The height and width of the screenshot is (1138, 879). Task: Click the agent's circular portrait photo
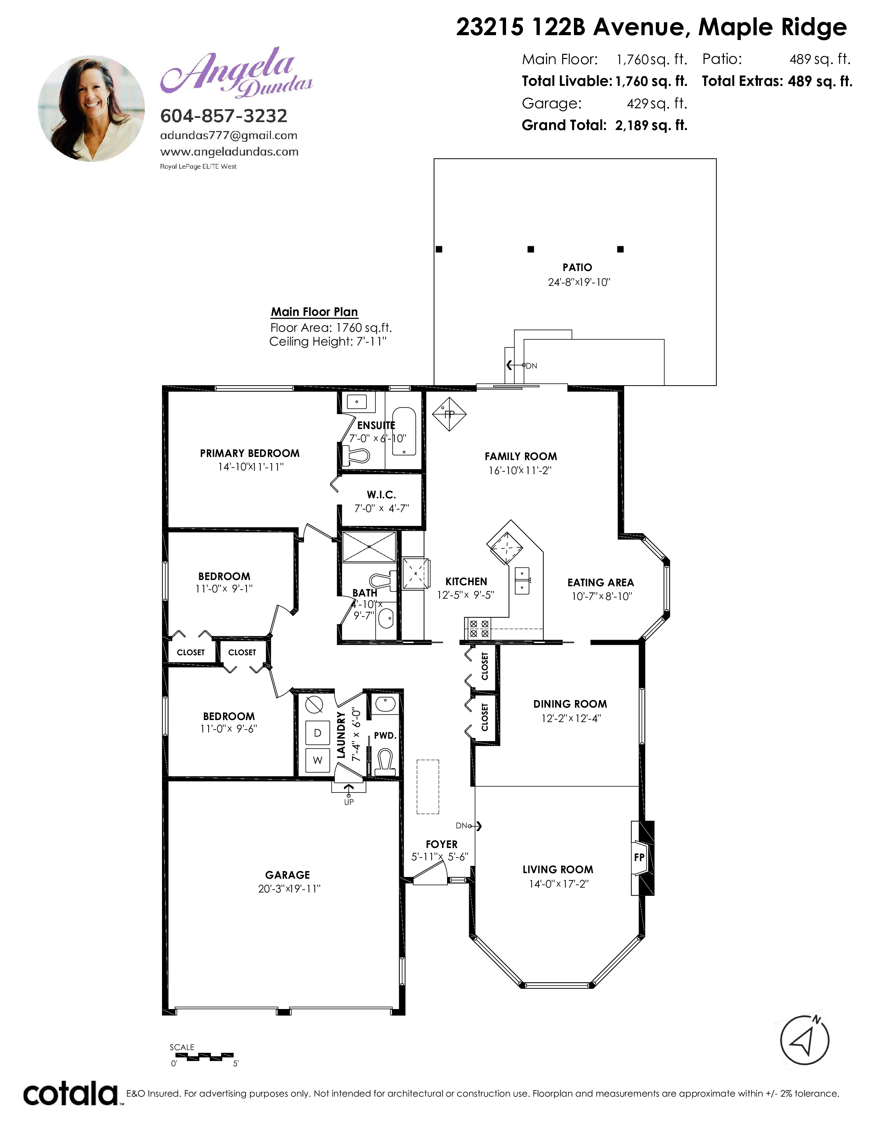pyautogui.click(x=92, y=108)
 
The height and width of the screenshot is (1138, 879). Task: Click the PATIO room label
pyautogui.click(x=577, y=267)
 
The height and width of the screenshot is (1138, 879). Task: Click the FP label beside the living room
pyautogui.click(x=639, y=857)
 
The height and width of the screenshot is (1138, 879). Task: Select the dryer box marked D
pyautogui.click(x=317, y=732)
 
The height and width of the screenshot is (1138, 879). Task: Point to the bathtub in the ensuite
pyautogui.click(x=404, y=431)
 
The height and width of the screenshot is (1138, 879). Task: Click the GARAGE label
pyautogui.click(x=287, y=875)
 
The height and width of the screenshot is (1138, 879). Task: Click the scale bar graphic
pyautogui.click(x=204, y=1057)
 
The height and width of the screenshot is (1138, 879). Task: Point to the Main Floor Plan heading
pyautogui.click(x=314, y=312)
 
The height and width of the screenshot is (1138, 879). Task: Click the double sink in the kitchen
pyautogui.click(x=522, y=581)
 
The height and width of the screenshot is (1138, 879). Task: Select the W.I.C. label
pyautogui.click(x=381, y=495)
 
